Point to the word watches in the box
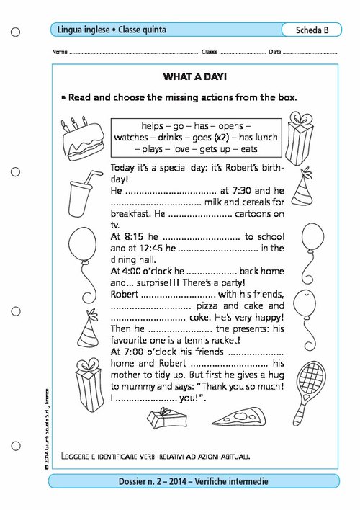(132, 136)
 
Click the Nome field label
(60, 53)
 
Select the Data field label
(274, 53)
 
